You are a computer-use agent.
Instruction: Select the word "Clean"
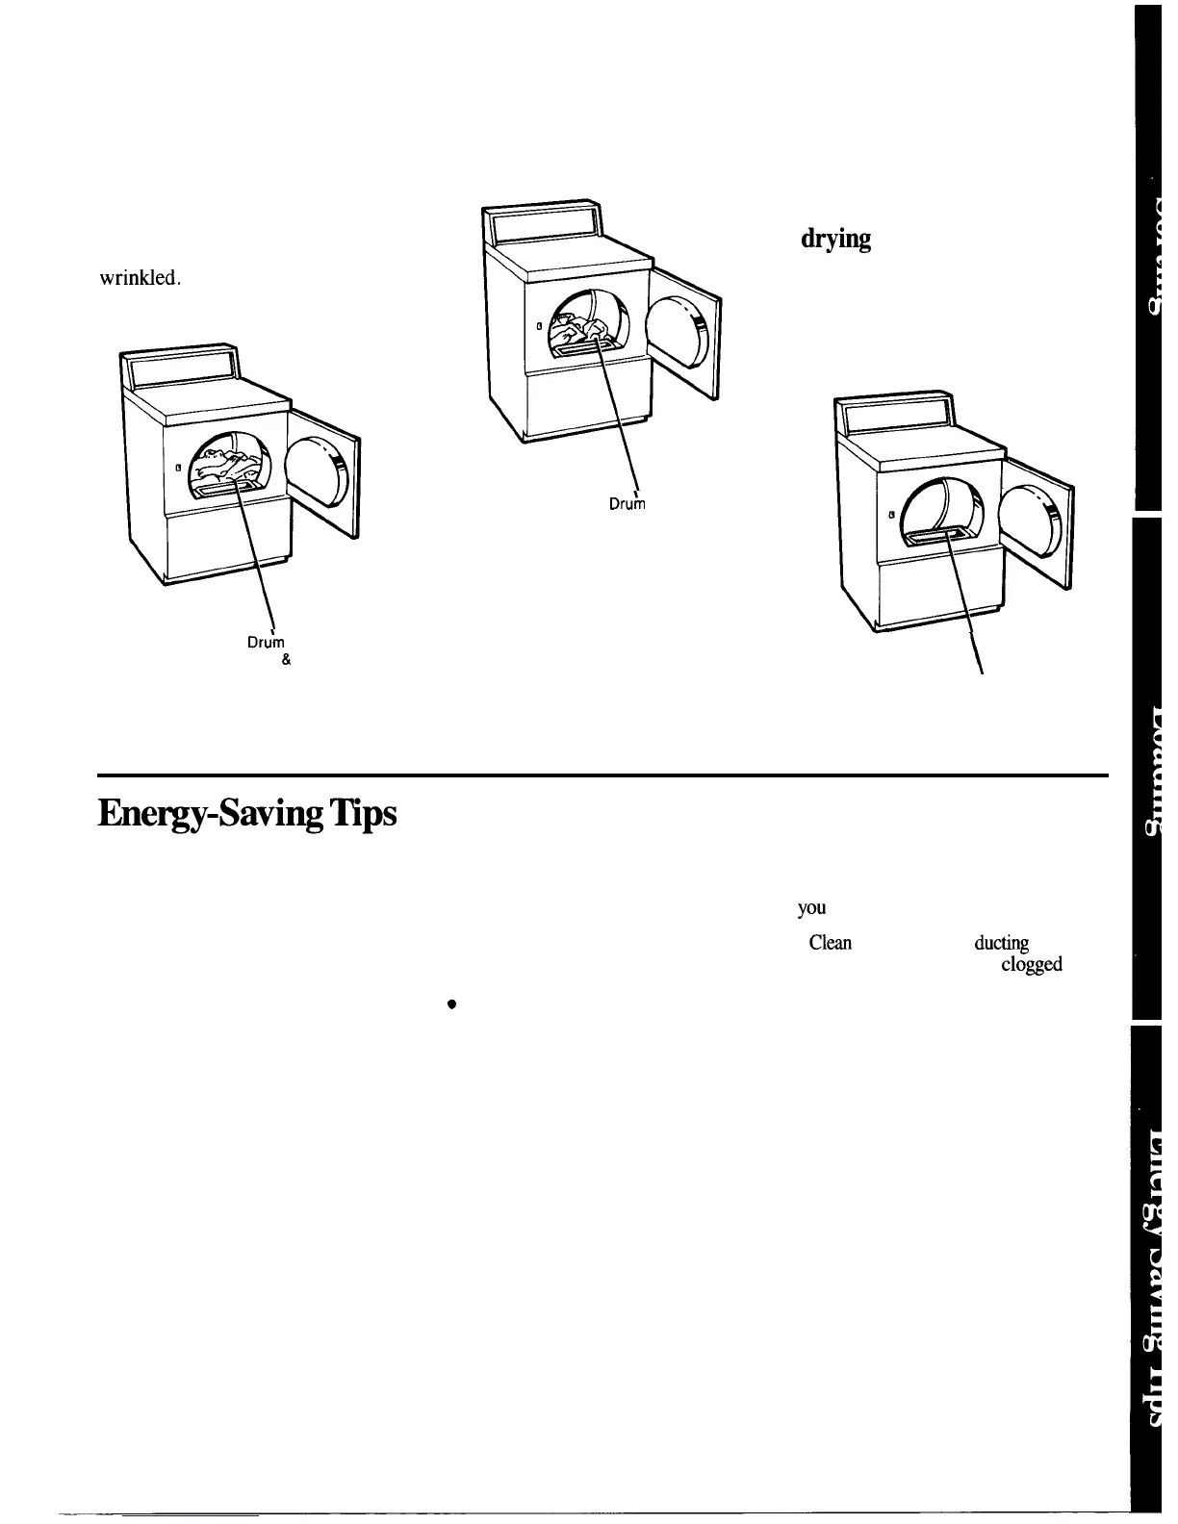[x=830, y=943]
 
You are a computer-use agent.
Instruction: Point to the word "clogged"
[x=1032, y=964]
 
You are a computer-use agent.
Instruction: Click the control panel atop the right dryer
[x=892, y=416]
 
